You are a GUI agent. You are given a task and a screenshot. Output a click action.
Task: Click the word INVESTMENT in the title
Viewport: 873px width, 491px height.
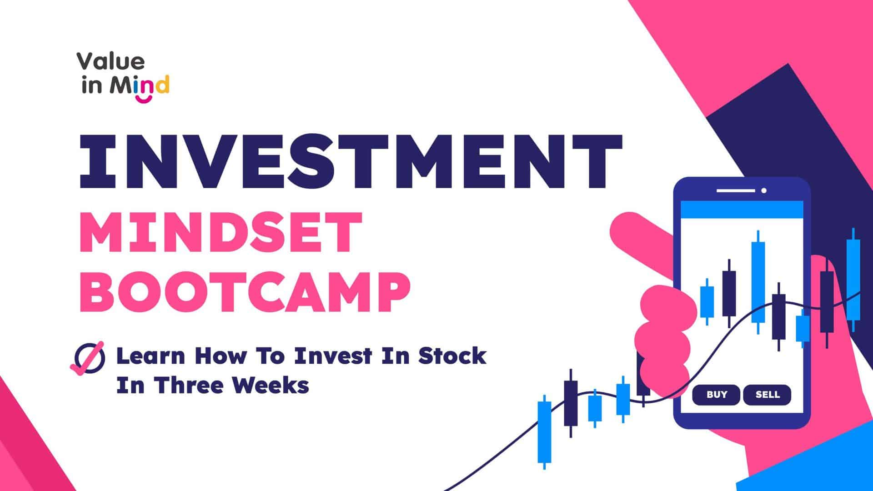click(350, 161)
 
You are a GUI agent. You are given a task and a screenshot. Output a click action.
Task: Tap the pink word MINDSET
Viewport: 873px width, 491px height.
click(221, 233)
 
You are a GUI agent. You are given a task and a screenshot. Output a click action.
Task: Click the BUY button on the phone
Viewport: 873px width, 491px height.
click(717, 395)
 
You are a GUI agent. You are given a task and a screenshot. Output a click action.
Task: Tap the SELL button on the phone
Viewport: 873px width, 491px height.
click(768, 395)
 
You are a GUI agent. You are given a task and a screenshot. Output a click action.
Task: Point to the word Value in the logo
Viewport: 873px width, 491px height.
click(110, 61)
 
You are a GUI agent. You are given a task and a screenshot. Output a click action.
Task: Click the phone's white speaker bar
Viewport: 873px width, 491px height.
click(736, 190)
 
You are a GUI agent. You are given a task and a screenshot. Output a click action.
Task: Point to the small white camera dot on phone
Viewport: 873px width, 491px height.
click(764, 190)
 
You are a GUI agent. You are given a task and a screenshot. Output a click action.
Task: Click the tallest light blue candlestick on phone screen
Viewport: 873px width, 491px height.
click(758, 282)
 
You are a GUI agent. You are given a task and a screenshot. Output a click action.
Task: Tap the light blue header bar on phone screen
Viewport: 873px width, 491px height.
click(742, 209)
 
